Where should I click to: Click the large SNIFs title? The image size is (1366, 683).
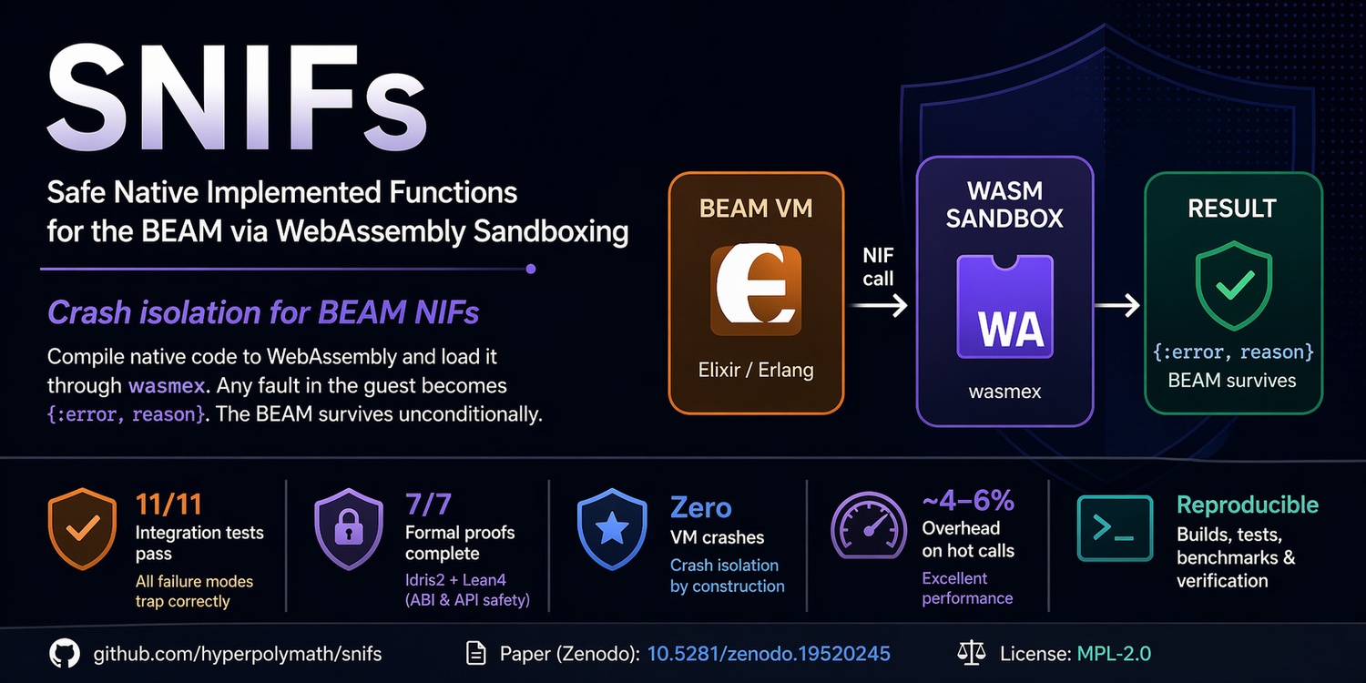point(237,97)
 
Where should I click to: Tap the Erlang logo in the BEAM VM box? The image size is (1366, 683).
point(756,290)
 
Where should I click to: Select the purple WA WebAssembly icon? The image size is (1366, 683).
point(1005,307)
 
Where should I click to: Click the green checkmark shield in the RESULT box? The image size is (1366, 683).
point(1234,285)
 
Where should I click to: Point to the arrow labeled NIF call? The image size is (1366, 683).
point(878,305)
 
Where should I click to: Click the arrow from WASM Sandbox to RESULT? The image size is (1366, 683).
point(1117,305)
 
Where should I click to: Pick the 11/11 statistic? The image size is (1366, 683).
point(168,505)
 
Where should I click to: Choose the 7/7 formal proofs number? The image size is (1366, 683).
point(428,505)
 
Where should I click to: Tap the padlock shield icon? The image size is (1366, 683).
point(348,529)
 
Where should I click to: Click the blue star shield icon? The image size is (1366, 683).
point(612,529)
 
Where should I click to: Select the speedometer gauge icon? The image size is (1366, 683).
point(869,525)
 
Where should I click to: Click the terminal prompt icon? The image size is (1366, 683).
point(1115,528)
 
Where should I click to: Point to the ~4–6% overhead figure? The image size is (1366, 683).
point(968,501)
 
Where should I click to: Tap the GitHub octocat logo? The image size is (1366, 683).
point(65,654)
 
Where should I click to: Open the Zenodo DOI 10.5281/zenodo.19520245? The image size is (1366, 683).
point(769,654)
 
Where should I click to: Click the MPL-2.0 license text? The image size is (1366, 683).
point(1114,654)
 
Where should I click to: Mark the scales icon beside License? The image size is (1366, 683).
point(972,653)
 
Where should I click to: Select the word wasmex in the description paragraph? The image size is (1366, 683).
point(167,386)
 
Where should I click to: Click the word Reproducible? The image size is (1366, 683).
point(1248,505)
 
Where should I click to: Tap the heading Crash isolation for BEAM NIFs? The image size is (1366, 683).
point(263,312)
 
